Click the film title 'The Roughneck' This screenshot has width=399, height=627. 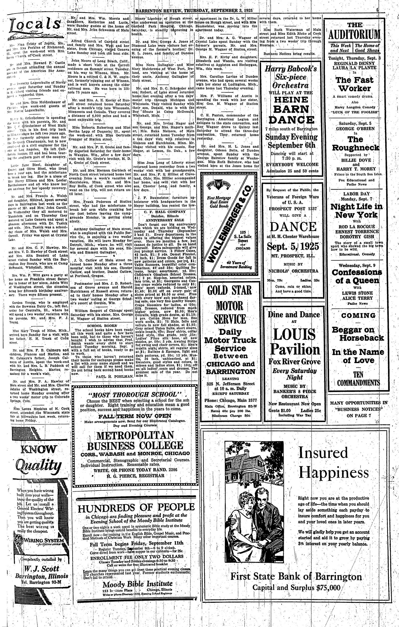(x=355, y=143)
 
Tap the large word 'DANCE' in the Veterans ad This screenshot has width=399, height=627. (x=293, y=227)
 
